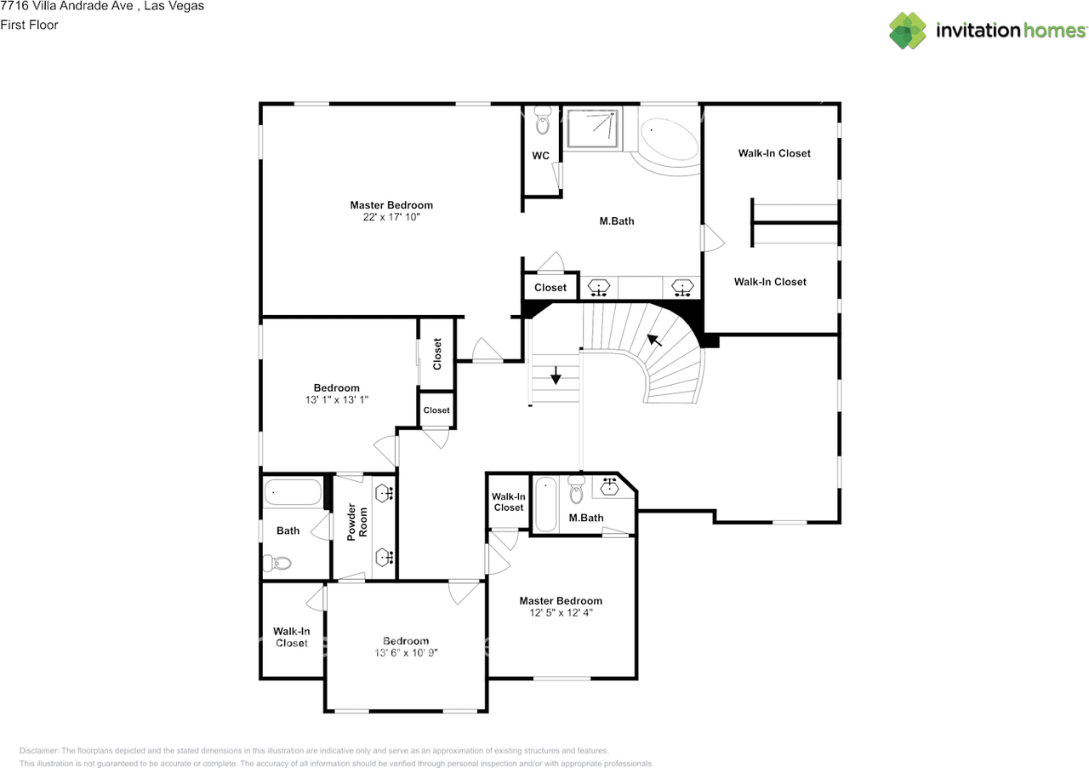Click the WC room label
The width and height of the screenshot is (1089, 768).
(540, 156)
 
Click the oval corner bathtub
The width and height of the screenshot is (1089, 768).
(670, 140)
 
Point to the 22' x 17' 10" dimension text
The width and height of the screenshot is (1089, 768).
(391, 217)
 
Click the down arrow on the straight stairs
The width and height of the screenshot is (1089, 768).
(556, 375)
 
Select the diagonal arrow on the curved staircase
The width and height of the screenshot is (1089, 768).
(653, 341)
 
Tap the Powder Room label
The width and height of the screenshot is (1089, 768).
(356, 523)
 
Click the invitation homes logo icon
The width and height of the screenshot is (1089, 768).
(907, 31)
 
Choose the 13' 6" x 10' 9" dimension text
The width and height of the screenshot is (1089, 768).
(406, 653)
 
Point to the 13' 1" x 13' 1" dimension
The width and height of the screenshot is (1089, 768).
(336, 399)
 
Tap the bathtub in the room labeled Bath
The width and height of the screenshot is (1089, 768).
(293, 492)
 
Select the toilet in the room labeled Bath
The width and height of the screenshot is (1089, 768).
(277, 563)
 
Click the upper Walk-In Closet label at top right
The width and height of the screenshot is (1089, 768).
(774, 153)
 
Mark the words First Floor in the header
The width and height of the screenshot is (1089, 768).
(29, 25)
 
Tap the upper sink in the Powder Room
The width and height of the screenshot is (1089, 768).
(385, 493)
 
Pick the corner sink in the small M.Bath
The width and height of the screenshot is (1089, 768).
(610, 486)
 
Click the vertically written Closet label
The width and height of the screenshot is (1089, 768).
(436, 354)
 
